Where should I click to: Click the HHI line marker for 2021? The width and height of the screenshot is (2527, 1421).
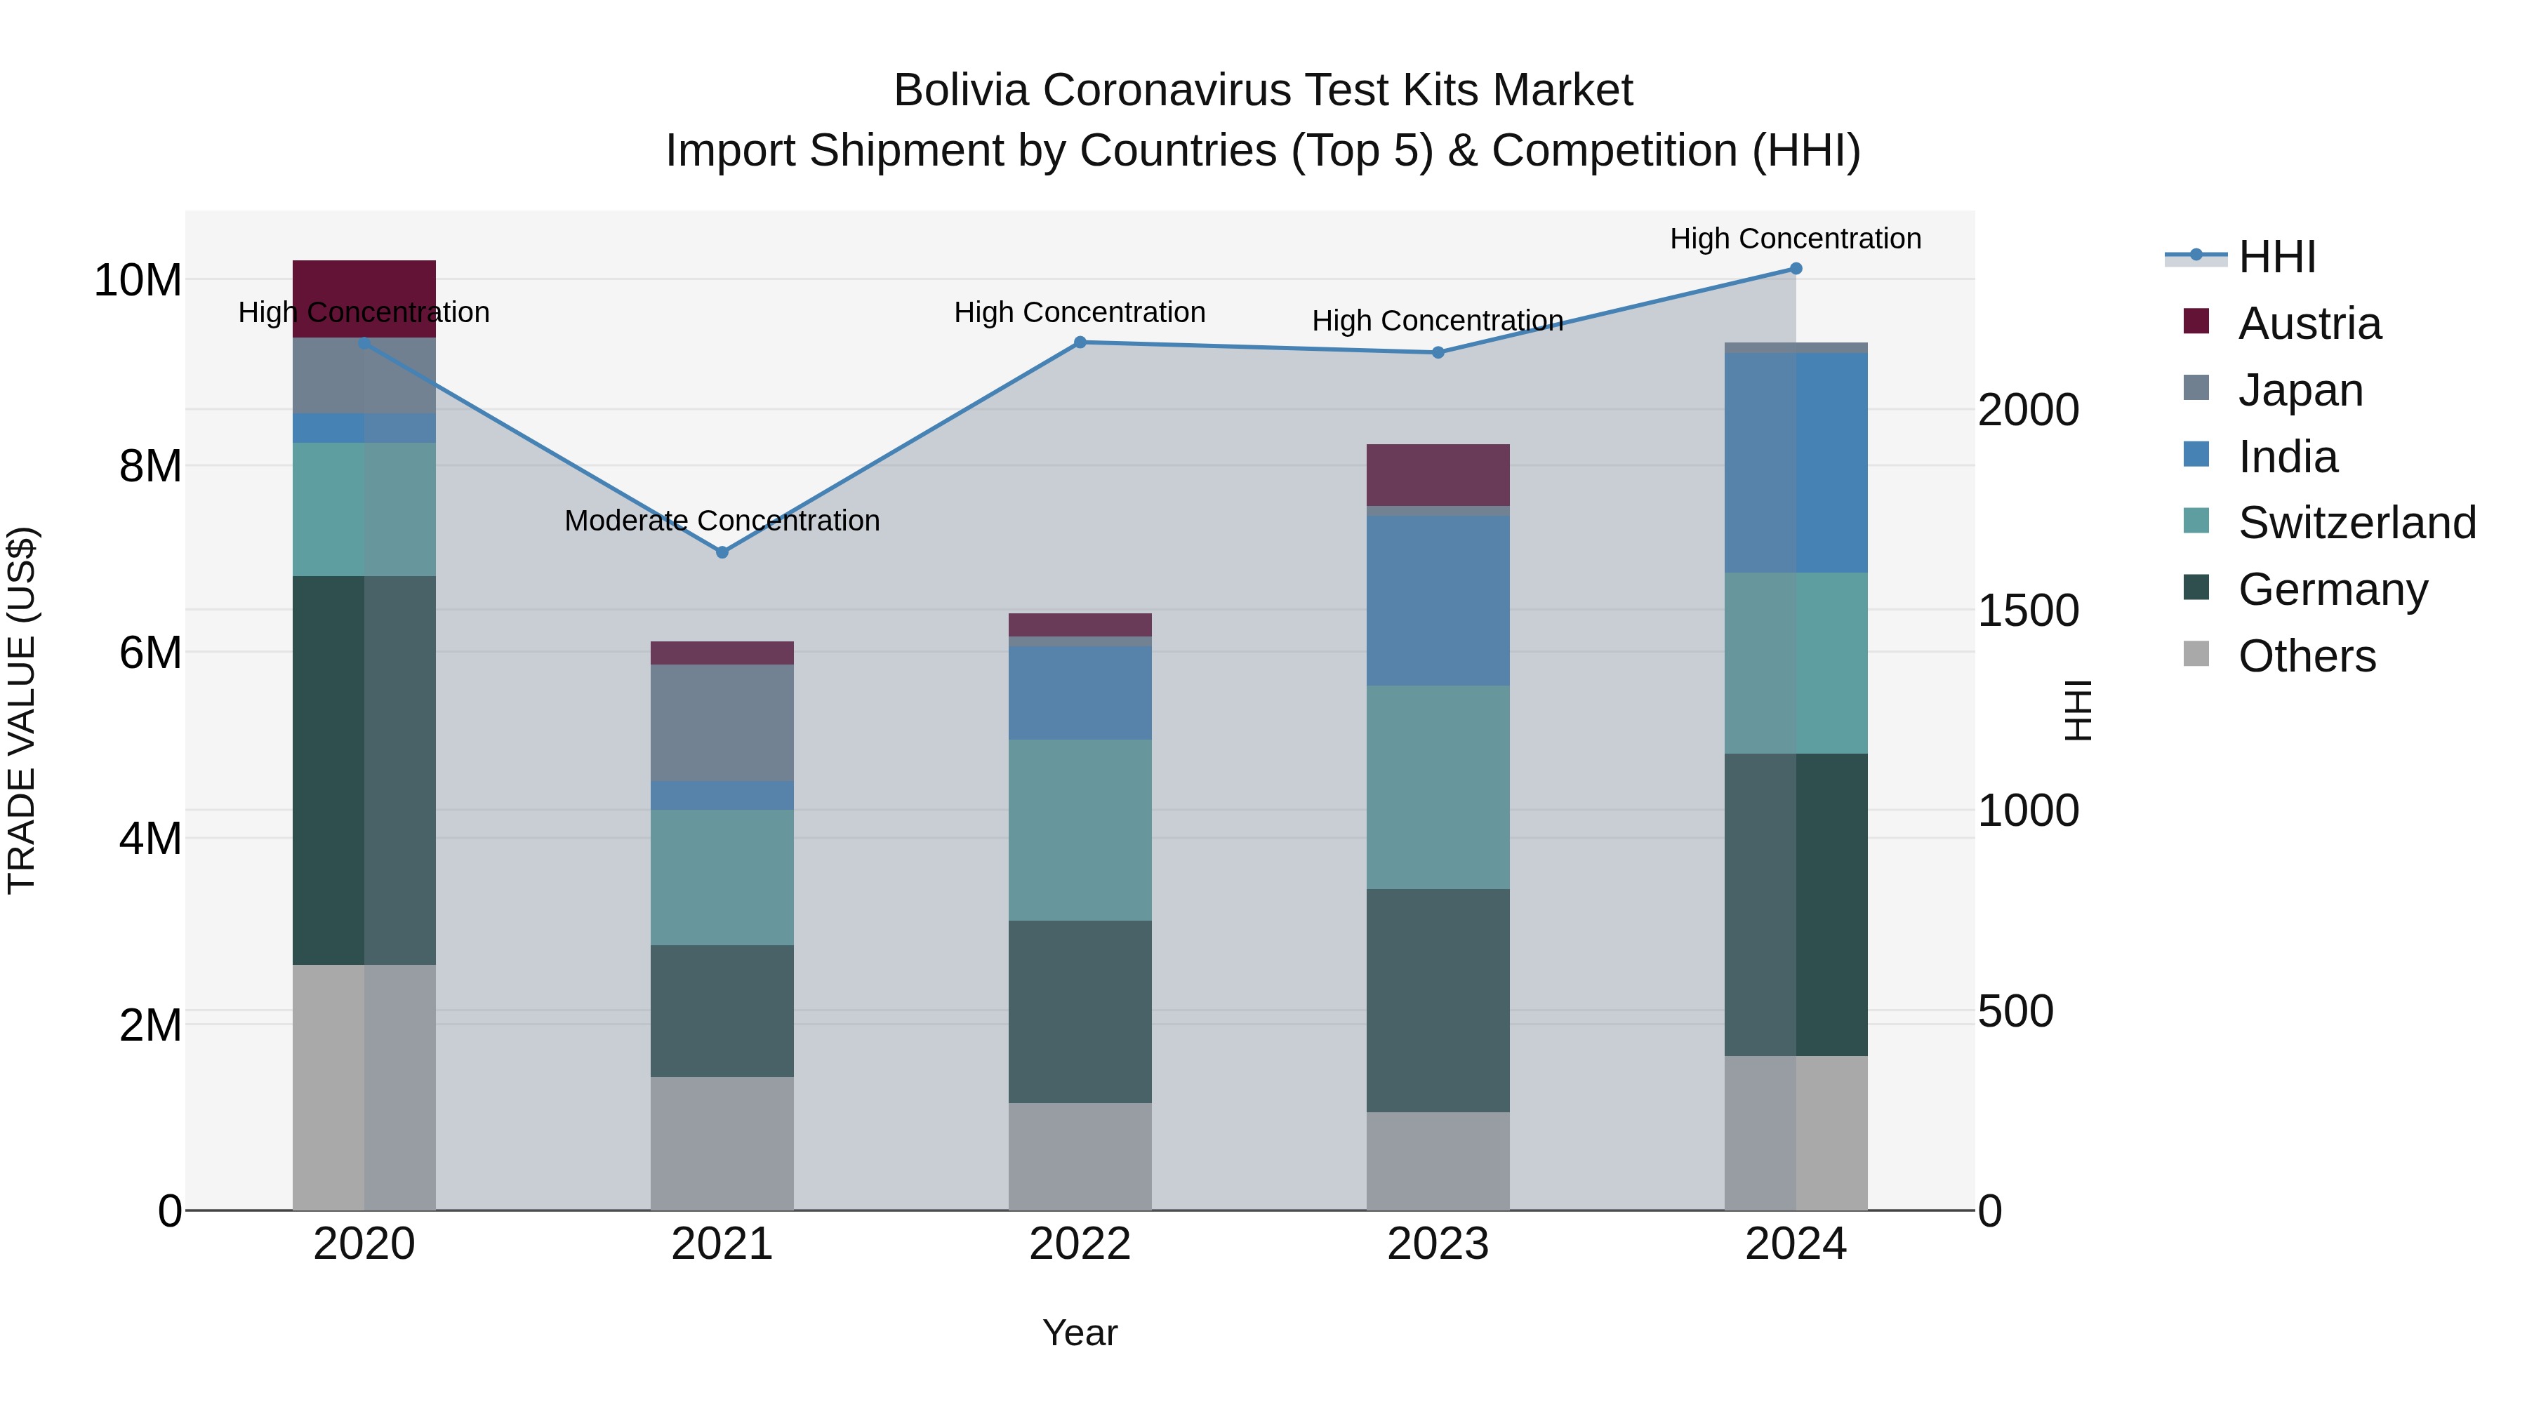coord(722,552)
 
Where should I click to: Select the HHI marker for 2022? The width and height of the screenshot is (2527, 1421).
coord(1080,342)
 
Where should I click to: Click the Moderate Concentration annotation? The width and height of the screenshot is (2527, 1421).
coord(722,521)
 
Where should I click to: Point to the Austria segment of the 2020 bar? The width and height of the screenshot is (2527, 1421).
coord(364,298)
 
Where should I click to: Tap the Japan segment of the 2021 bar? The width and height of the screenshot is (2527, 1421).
coord(722,723)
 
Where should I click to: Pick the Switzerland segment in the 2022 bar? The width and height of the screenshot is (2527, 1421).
coord(1080,829)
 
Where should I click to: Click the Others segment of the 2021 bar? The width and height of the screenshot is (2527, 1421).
coord(722,1144)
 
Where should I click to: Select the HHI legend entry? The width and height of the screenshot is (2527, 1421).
coord(2276,257)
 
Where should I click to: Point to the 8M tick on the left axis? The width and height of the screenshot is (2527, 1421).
coord(150,467)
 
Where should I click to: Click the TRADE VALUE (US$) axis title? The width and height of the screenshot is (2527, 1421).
coord(22,710)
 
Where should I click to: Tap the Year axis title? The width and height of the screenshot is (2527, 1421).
coord(1080,1333)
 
